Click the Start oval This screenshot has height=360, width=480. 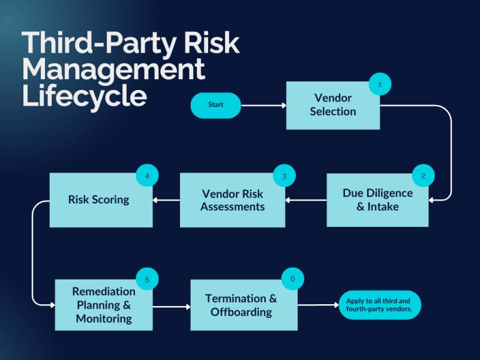(215, 105)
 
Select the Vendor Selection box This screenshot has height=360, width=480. (332, 106)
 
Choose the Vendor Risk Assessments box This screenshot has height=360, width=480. (232, 200)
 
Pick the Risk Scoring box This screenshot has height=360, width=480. (100, 200)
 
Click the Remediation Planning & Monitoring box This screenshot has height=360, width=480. (103, 305)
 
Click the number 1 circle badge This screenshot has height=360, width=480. (380, 85)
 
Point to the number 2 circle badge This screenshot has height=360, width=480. (423, 176)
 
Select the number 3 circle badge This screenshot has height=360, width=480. (284, 176)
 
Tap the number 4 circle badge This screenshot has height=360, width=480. (147, 176)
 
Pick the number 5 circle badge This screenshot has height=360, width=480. (147, 279)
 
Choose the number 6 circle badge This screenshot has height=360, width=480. (292, 279)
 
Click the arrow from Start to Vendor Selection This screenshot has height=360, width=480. (263, 106)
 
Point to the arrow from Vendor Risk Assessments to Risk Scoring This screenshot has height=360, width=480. (166, 200)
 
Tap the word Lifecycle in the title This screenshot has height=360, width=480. (84, 96)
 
